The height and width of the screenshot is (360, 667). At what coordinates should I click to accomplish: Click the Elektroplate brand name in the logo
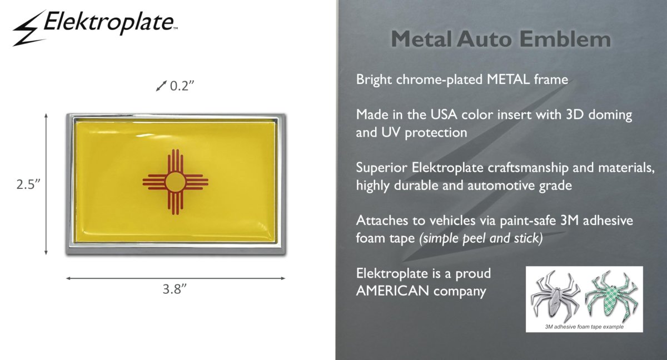click(x=109, y=22)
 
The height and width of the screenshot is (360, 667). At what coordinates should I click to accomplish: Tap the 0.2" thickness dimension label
click(x=182, y=86)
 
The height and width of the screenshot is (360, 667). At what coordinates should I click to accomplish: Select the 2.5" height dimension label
click(x=28, y=184)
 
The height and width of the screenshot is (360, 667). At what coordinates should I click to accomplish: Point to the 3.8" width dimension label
click(x=175, y=289)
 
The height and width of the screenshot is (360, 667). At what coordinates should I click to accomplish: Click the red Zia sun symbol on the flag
click(x=176, y=182)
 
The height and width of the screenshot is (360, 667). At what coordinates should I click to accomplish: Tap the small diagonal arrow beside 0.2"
click(x=161, y=86)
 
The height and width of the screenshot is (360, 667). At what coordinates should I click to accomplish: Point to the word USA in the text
click(x=444, y=114)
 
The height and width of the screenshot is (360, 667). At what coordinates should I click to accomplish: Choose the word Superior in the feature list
click(x=382, y=168)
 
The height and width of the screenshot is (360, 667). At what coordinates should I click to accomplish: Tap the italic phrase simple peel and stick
click(x=481, y=238)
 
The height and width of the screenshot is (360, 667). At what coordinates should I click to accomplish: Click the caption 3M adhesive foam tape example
click(x=584, y=327)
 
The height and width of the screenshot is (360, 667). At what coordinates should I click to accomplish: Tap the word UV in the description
click(x=391, y=132)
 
